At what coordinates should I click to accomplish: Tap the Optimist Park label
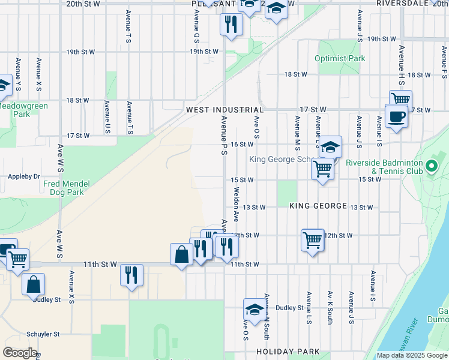point(340,59)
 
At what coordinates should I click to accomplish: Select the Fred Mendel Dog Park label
point(71,188)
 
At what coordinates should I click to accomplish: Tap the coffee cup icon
point(396,116)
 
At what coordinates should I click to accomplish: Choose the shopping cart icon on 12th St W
point(312,241)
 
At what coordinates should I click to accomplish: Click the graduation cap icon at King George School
point(330,147)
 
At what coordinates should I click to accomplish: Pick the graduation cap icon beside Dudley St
point(255,310)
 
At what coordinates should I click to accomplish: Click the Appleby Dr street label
point(24,177)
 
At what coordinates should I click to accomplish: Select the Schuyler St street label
point(43,334)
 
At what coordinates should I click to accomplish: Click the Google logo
point(20,353)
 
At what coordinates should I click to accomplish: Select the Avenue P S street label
point(223,136)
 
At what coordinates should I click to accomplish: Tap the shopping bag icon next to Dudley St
point(34,284)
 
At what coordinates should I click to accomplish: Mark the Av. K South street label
point(330,308)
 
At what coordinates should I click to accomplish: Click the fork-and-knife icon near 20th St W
point(230,25)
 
